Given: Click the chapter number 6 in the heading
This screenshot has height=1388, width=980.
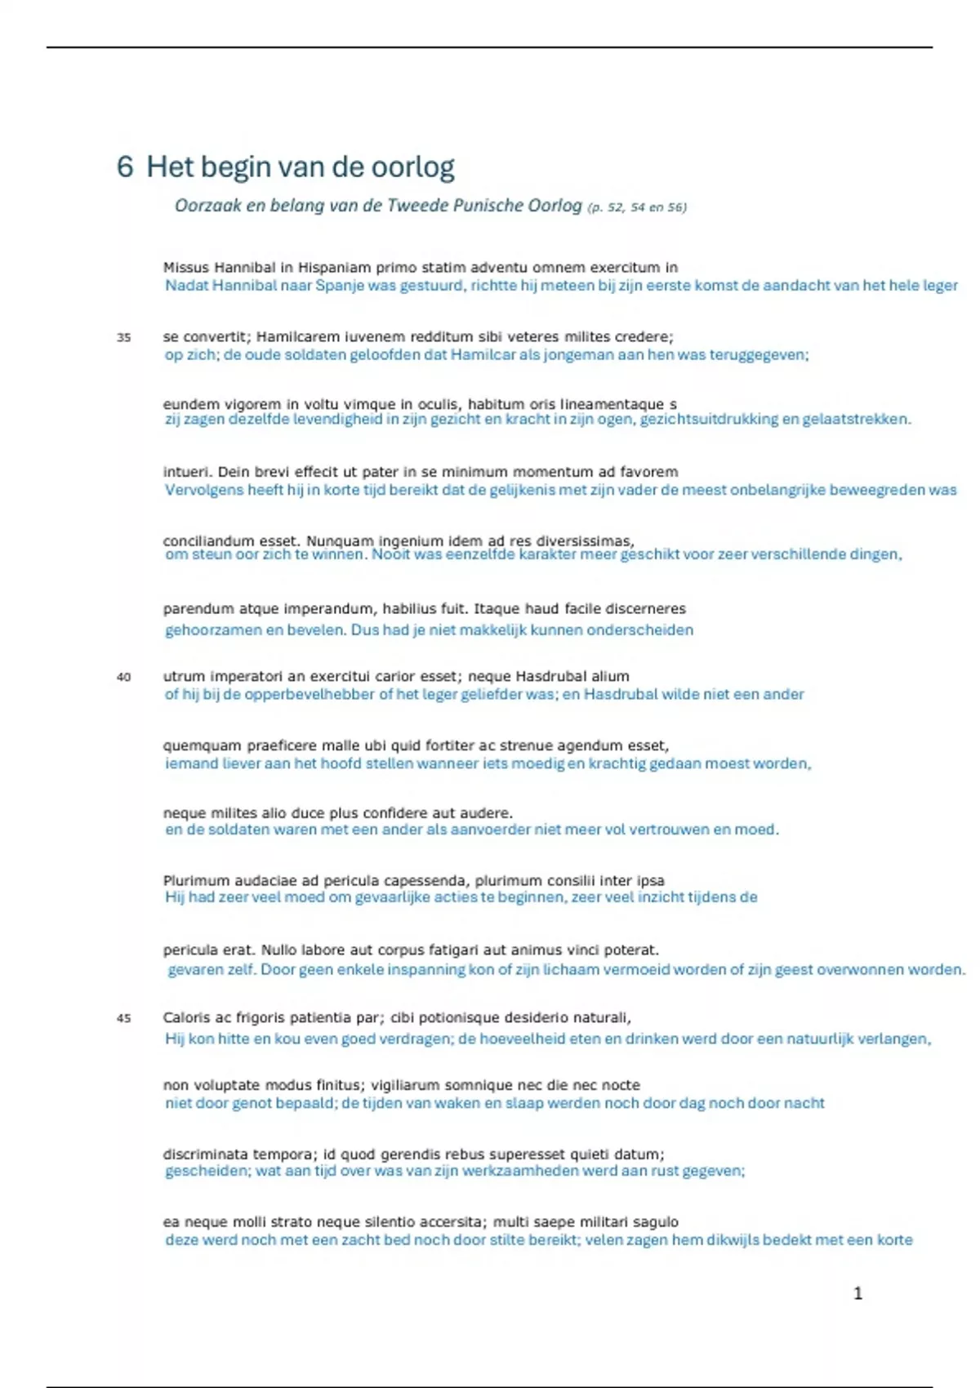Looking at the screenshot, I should coord(124,167).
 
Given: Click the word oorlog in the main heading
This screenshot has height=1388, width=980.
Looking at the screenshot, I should coord(413,167).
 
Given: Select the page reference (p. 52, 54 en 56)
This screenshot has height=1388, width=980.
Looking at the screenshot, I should coord(637,207).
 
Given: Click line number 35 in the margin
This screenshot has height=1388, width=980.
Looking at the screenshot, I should coord(124,337).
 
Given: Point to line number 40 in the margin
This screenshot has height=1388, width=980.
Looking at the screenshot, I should coord(124,677).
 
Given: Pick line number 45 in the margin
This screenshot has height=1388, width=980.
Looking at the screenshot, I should coord(124,1018).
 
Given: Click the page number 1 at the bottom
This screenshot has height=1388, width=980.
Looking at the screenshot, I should coord(857,1292).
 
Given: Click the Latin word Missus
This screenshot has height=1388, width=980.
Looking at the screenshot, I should coord(185,268).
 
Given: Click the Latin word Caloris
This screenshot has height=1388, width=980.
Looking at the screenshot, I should coord(187,1017).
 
